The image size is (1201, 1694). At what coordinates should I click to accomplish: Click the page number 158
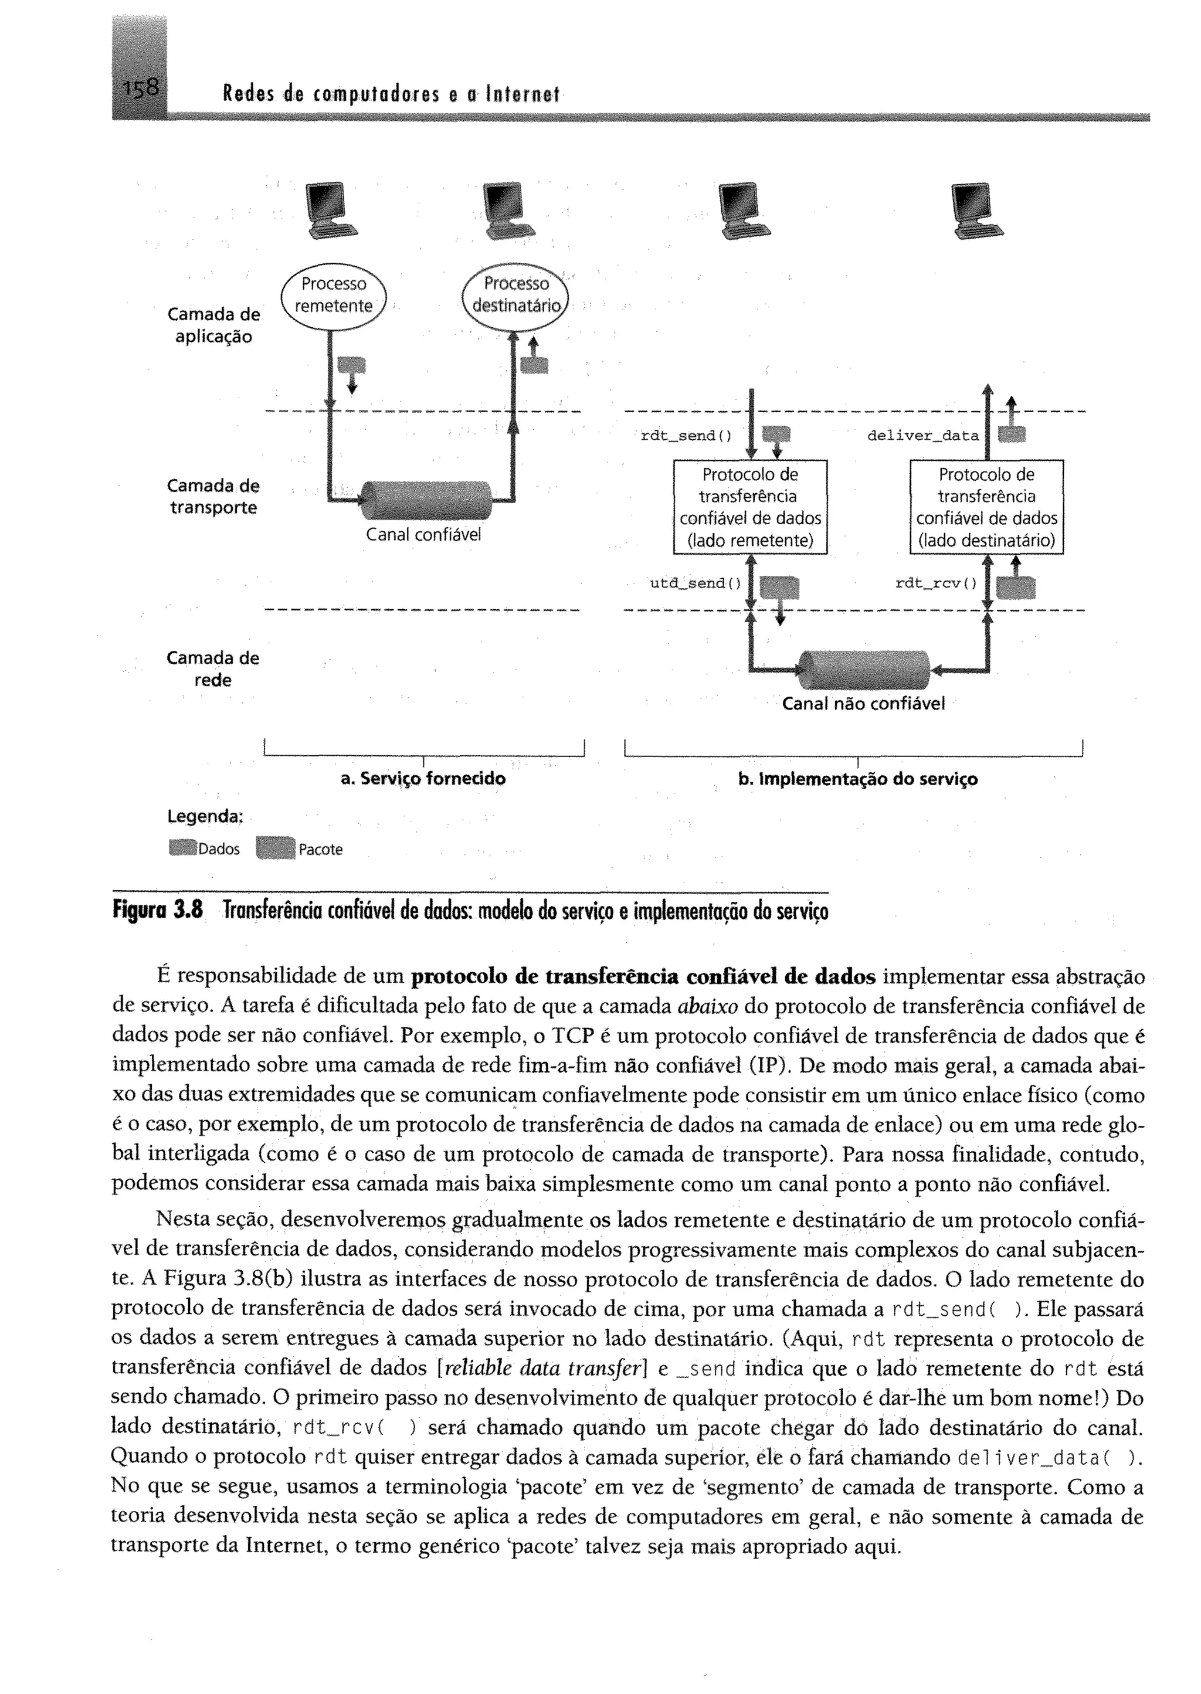(x=141, y=89)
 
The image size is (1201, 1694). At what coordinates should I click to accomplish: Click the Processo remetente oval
(x=334, y=296)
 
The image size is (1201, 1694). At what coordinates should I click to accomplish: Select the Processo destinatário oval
(x=516, y=296)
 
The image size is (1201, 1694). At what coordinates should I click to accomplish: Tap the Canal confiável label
(x=423, y=535)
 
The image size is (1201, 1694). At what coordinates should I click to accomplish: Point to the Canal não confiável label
(x=863, y=704)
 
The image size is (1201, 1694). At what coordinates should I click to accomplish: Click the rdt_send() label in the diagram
(x=686, y=436)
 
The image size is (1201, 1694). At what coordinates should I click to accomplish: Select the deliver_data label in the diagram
(x=922, y=436)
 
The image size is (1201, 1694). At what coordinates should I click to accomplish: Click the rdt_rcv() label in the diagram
(x=935, y=583)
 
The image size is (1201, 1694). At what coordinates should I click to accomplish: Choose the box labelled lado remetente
(x=750, y=507)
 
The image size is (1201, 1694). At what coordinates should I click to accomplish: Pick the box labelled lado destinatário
(x=986, y=507)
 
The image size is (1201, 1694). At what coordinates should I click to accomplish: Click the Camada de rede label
(x=213, y=668)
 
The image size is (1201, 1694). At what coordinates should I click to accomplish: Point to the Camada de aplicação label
(x=213, y=325)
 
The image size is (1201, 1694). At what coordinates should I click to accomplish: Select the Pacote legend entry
(x=300, y=849)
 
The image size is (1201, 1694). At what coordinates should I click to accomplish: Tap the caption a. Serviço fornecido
(x=423, y=779)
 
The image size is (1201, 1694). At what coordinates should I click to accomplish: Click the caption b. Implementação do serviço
(x=858, y=779)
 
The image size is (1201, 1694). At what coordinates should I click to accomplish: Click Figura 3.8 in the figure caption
(x=157, y=909)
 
